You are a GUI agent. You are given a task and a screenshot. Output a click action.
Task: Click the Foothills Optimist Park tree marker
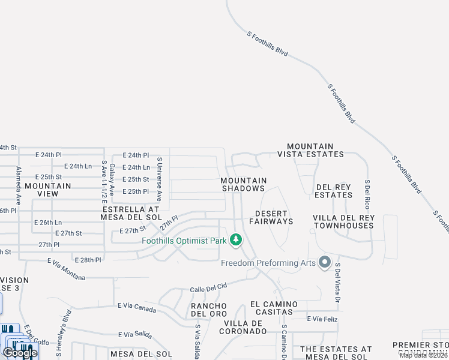coord(236,241)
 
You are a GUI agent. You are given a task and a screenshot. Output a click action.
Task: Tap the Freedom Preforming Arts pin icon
coord(325,262)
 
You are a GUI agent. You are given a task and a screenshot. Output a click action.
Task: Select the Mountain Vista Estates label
coord(310,150)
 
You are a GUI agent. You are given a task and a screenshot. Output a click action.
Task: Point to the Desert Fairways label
coord(274,217)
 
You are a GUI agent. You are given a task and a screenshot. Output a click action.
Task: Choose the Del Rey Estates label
coord(333,191)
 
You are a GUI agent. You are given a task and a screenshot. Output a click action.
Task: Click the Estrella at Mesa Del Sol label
coord(131,212)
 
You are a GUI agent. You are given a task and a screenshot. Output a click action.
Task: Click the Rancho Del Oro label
coord(208,310)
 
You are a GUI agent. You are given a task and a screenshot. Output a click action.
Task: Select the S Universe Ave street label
coord(159,179)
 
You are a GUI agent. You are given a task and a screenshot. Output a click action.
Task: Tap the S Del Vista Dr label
coord(337,282)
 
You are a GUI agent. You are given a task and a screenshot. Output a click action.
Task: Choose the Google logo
coord(20,352)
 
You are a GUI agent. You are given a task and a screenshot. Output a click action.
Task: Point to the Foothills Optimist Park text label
coord(184,241)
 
